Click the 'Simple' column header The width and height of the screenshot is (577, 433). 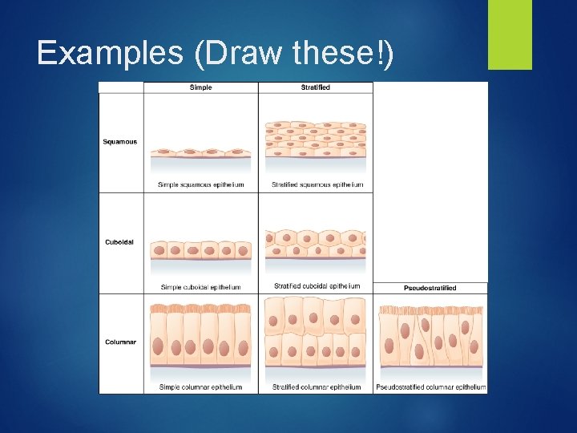click(201, 87)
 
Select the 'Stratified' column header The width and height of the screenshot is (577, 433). click(315, 87)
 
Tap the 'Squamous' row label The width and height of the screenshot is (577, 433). click(120, 142)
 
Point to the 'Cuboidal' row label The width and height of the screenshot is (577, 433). click(120, 242)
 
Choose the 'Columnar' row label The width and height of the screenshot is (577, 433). click(120, 342)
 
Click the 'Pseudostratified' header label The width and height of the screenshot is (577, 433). click(430, 288)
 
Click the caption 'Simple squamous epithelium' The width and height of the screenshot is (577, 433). click(201, 184)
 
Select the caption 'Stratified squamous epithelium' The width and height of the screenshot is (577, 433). click(317, 184)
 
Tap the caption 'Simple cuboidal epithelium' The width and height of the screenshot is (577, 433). click(201, 286)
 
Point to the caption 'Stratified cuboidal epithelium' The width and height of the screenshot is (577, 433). click(317, 285)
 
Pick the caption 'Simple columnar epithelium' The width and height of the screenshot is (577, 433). click(201, 387)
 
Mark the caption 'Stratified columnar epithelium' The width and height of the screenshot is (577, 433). click(317, 387)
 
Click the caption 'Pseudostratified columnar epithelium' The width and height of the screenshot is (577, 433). click(431, 387)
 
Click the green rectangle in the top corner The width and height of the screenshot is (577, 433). click(510, 34)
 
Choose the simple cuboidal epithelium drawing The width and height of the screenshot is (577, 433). click(200, 249)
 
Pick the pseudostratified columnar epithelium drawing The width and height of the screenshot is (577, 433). click(430, 337)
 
